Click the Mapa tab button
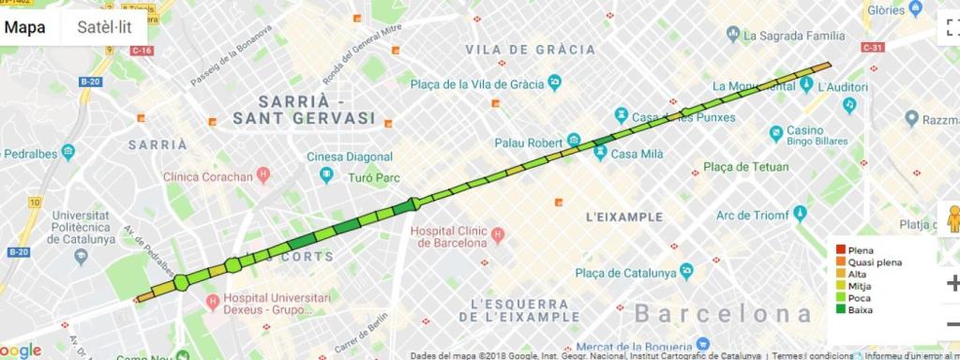point(25,27)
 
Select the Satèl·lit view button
point(104,27)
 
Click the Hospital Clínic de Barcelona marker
point(498,232)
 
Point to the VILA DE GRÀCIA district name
point(530,49)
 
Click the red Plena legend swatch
point(840,250)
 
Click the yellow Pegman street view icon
point(953,219)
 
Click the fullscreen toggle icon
point(951,27)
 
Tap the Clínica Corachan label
point(208,176)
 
